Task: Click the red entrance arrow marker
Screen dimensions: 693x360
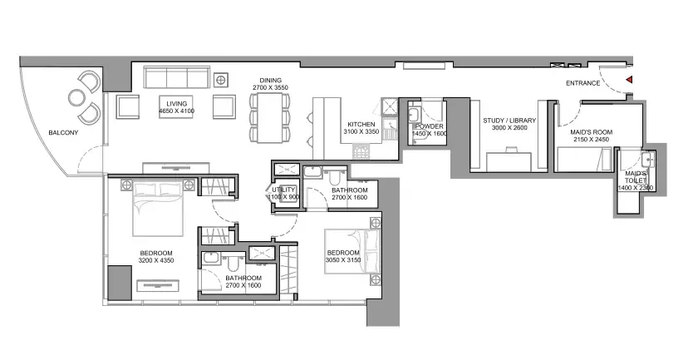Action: (629, 80)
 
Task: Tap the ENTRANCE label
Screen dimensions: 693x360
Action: (583, 83)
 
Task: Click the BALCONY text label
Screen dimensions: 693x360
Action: (63, 133)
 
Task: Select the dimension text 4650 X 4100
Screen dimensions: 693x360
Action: (176, 111)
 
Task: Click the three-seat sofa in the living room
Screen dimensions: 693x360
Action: (177, 77)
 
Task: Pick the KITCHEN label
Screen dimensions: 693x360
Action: (361, 125)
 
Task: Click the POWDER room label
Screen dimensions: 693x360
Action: (429, 126)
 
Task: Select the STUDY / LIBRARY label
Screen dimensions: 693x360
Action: (509, 121)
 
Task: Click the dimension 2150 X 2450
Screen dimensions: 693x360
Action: (591, 140)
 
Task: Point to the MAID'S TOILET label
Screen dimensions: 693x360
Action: (636, 177)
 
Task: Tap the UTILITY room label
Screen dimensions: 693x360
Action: (283, 190)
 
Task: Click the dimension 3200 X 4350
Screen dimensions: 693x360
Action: (156, 260)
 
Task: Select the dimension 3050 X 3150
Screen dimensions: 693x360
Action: (343, 260)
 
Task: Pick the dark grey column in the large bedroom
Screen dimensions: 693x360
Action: (120, 283)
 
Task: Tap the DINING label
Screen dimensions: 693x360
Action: (271, 81)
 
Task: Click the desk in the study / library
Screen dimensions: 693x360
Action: (509, 162)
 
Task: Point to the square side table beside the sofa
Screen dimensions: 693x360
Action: (220, 80)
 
